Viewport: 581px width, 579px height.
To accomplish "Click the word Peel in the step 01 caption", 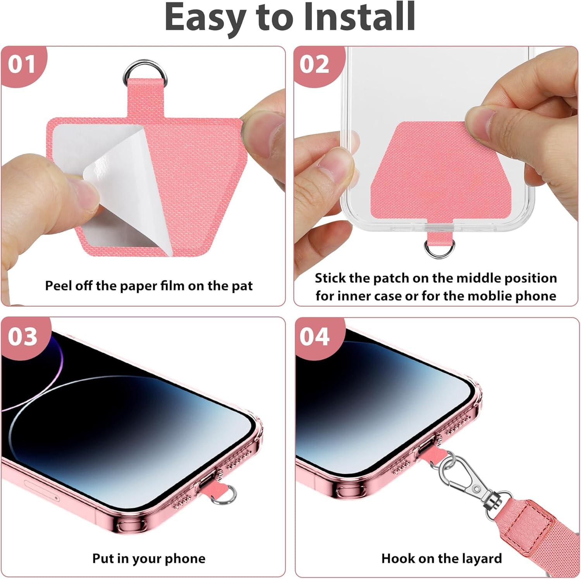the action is pos(57,286).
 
